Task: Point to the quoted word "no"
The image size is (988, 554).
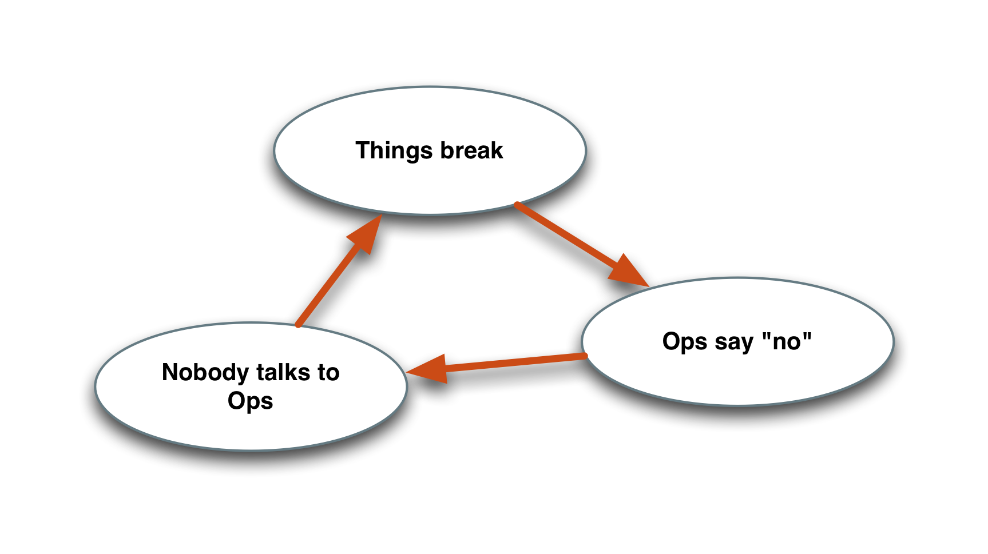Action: coord(787,341)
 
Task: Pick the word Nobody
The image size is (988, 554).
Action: coord(204,373)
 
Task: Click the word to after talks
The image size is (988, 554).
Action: coord(328,373)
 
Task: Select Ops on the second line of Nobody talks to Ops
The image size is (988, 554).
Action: coord(251,401)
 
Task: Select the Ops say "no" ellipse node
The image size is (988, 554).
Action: coord(737,377)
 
